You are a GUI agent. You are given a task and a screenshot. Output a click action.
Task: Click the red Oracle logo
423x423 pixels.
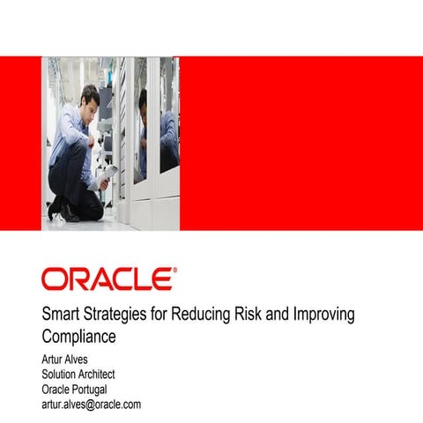[x=108, y=279]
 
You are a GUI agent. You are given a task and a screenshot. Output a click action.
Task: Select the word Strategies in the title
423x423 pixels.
[x=118, y=315]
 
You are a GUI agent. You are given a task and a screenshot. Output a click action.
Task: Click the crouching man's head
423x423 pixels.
[x=90, y=95]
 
